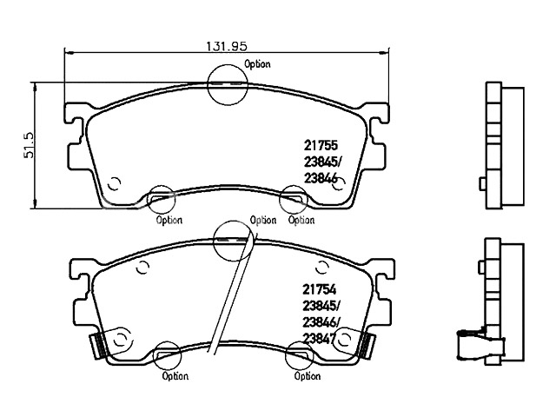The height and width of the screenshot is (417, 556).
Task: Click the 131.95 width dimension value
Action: [x=227, y=46]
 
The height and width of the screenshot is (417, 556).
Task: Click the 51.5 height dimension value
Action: [x=29, y=145]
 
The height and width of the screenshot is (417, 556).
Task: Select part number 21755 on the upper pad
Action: [x=321, y=145]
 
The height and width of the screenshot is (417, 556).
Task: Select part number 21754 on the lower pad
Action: [x=319, y=289]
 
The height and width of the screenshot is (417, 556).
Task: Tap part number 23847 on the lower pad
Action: [x=319, y=339]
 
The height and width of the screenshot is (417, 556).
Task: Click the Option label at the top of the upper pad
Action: [x=257, y=64]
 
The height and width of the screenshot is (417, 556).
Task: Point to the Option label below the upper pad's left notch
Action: [x=169, y=220]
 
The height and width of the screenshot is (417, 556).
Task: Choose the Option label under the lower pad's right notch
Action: [x=308, y=376]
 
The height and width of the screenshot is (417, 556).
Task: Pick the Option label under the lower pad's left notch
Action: [x=175, y=376]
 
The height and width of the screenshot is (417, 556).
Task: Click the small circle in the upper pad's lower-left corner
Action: [x=114, y=183]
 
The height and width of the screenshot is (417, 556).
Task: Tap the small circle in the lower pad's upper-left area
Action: [x=142, y=268]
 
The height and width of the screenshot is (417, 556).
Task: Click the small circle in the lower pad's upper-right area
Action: [x=322, y=268]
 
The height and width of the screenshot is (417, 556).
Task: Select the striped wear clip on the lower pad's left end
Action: [x=99, y=346]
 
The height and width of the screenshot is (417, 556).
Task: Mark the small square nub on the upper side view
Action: [x=483, y=184]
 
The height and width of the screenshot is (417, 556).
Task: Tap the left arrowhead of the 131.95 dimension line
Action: [x=69, y=53]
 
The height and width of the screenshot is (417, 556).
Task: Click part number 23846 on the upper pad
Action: [x=321, y=179]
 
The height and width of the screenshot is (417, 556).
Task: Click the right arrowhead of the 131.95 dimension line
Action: [x=384, y=53]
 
